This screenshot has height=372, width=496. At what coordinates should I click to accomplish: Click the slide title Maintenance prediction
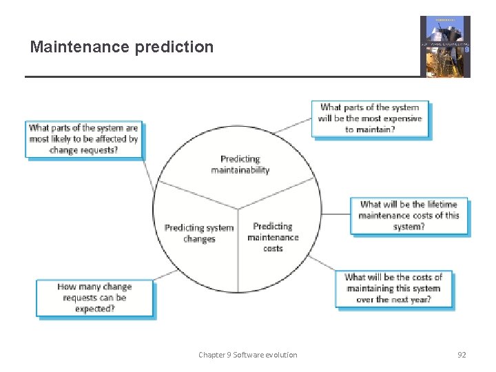click(122, 47)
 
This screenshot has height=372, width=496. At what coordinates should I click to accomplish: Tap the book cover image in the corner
click(445, 46)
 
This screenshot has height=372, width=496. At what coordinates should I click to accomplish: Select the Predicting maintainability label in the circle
click(240, 164)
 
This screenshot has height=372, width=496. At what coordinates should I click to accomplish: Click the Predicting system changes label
click(199, 233)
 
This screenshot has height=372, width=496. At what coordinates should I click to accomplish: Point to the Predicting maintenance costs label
click(273, 236)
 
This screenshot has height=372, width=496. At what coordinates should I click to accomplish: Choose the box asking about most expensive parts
click(370, 118)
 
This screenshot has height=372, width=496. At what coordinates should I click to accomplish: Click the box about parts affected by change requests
click(83, 138)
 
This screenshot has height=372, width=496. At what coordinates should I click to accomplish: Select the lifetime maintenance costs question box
click(409, 215)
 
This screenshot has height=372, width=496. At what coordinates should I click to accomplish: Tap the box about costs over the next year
click(393, 288)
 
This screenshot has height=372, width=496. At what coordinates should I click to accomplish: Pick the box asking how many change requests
click(94, 298)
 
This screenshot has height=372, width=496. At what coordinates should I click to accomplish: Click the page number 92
click(462, 355)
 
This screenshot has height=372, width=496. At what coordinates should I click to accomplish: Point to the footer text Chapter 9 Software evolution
click(248, 355)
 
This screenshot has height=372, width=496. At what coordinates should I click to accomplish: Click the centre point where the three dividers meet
click(238, 209)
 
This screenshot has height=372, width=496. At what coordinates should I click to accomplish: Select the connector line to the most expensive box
click(292, 125)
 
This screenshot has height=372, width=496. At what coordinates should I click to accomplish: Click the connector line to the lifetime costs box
click(335, 214)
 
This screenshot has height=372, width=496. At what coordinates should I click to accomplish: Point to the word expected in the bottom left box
click(94, 309)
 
